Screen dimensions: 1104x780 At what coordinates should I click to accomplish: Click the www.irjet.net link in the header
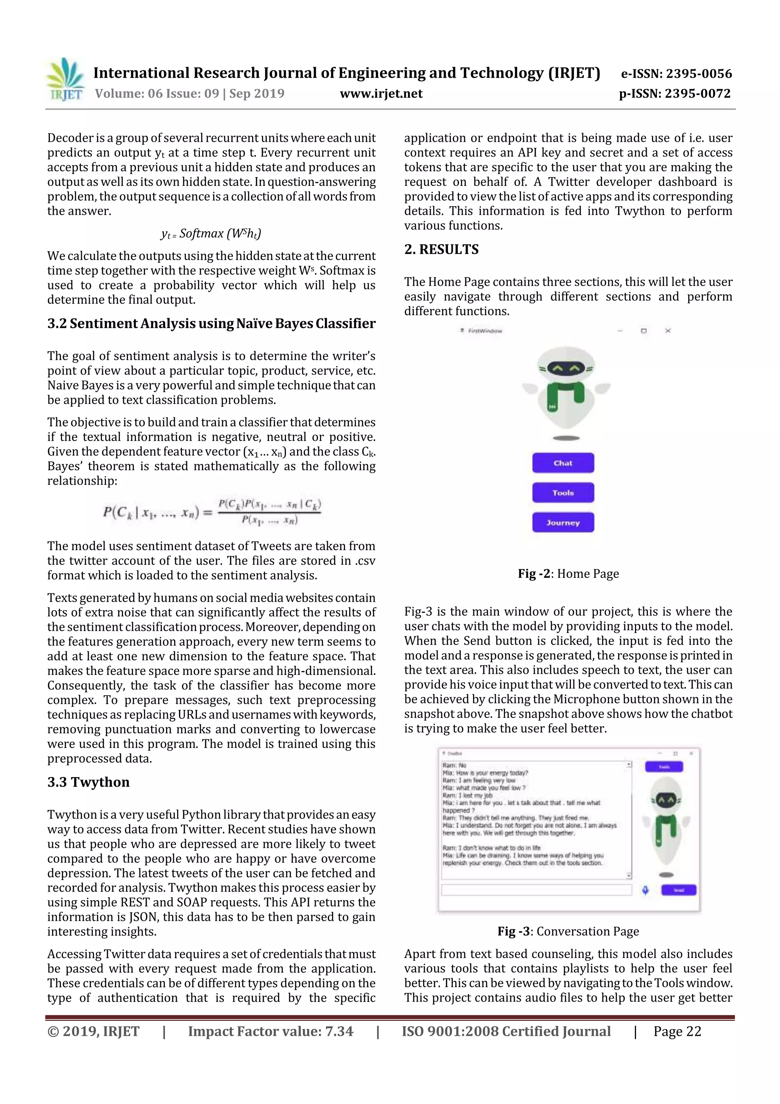[381, 93]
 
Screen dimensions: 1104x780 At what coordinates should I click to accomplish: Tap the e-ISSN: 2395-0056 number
[676, 74]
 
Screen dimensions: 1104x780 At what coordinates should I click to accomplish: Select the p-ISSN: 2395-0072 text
[675, 93]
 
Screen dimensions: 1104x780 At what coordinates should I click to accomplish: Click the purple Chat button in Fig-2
[563, 463]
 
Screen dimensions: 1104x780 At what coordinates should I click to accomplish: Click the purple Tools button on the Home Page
[563, 493]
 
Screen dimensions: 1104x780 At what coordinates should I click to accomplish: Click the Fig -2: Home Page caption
[568, 574]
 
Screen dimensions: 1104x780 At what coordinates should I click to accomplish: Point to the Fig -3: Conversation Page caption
[568, 931]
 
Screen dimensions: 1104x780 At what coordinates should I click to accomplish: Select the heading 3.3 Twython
[88, 782]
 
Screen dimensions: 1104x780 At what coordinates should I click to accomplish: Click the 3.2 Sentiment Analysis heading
[211, 324]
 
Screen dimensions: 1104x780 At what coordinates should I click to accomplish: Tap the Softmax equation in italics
[211, 234]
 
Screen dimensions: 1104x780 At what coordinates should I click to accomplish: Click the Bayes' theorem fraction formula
[212, 512]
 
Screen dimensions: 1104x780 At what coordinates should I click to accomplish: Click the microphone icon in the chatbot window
[646, 890]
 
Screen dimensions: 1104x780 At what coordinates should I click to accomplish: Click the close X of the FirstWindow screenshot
[668, 331]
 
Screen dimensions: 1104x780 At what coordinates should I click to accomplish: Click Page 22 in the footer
[677, 1031]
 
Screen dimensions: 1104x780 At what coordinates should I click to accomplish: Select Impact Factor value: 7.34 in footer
[270, 1031]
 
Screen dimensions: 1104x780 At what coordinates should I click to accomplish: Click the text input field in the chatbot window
[536, 890]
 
